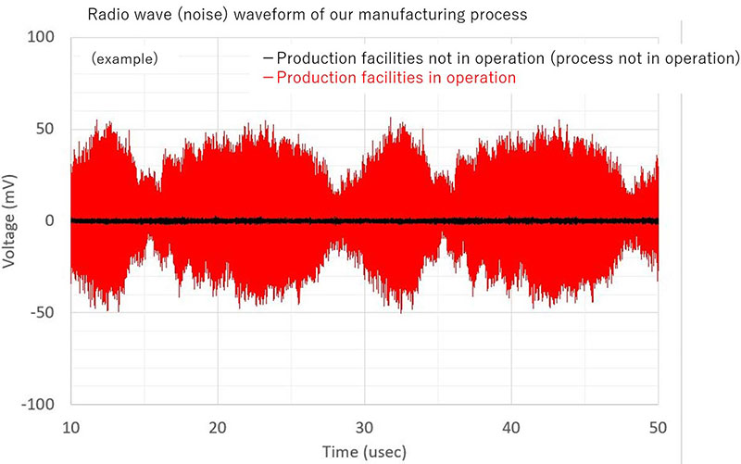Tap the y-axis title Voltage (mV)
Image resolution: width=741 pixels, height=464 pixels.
(9, 220)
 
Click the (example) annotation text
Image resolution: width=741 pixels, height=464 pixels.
(124, 58)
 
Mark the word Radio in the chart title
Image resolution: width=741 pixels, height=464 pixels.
(107, 16)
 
